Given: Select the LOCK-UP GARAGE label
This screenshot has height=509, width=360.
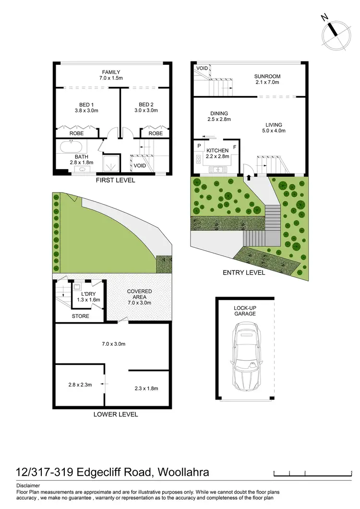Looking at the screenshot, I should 245,310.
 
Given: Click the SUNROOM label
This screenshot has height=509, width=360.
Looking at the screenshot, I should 267,76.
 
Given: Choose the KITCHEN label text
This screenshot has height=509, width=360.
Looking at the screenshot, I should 218,150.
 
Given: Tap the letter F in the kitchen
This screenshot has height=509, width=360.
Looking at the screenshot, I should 235,146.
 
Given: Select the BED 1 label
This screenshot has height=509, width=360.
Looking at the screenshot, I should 86,104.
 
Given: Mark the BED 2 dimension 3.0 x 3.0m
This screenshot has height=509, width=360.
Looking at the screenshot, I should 145,110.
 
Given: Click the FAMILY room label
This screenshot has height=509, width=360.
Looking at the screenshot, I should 111,72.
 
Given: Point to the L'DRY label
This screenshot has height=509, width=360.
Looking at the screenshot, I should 88,293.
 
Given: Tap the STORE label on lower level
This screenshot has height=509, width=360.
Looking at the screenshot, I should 80,316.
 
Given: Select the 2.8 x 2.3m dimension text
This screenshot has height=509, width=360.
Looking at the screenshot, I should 80,384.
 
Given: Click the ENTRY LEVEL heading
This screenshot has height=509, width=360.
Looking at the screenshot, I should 244,272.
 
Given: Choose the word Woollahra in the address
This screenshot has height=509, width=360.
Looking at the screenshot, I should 182,472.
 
